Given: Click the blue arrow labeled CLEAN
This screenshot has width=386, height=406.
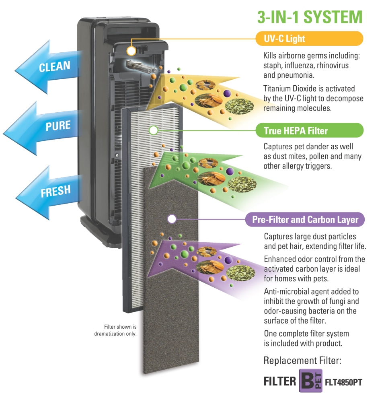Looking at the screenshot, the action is (48, 67).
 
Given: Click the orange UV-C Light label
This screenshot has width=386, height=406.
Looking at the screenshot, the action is (310, 39).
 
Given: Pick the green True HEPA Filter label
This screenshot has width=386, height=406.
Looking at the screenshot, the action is (310, 130).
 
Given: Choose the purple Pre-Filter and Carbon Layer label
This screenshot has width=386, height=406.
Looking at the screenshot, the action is (305, 220).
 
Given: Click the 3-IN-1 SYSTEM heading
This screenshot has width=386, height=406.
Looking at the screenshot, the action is (310, 17).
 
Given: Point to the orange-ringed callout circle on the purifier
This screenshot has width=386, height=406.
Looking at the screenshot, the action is (131, 51).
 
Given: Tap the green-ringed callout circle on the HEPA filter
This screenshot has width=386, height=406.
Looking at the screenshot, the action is (154, 130).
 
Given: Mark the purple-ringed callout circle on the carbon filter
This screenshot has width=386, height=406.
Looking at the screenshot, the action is (172, 219).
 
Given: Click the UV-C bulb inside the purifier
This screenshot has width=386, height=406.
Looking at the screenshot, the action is (141, 66).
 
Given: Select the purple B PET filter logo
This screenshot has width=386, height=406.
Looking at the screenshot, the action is (310, 380).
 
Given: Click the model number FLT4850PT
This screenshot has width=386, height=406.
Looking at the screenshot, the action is (343, 382).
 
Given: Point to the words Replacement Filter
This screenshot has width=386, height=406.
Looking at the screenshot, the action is (302, 361).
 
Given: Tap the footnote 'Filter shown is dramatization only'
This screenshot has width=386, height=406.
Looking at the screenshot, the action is (115, 330).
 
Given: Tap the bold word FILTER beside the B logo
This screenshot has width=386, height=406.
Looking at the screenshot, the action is (280, 381).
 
